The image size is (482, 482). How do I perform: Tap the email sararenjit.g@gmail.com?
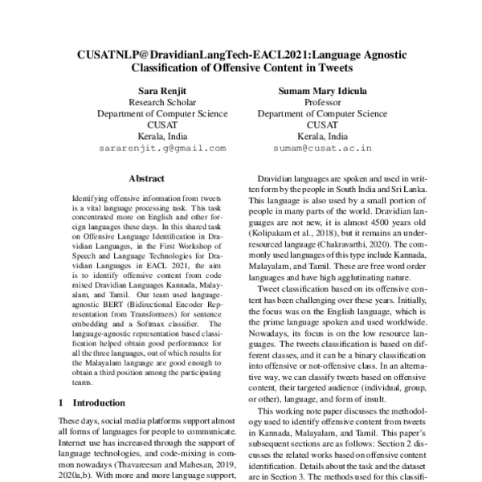(x=152, y=148)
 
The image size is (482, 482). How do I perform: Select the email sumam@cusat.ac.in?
(x=324, y=148)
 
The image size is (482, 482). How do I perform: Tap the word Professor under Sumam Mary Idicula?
(x=324, y=103)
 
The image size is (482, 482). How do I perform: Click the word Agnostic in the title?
(x=384, y=53)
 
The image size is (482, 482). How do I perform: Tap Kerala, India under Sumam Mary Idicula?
(x=324, y=136)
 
